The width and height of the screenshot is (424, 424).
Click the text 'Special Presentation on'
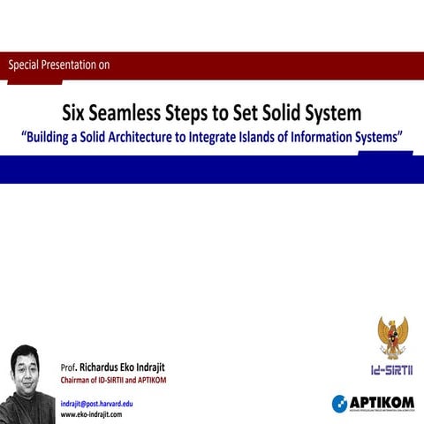[58, 64]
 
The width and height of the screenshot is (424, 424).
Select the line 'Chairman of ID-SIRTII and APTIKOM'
[113, 381]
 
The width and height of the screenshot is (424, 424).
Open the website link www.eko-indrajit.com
[91, 413]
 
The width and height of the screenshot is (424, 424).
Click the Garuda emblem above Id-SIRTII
[392, 336]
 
